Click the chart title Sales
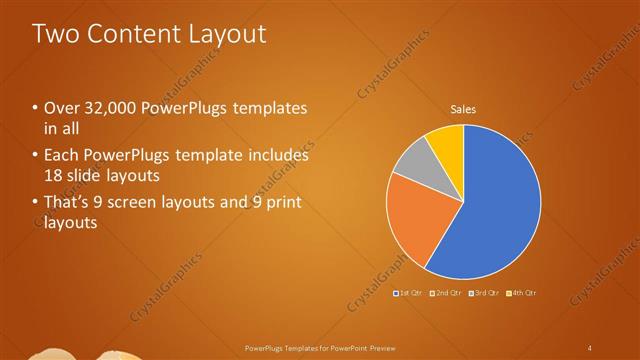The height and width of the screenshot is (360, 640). (463, 108)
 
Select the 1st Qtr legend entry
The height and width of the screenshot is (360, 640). (411, 292)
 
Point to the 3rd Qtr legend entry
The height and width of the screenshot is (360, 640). (485, 292)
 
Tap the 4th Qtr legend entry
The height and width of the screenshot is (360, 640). (522, 292)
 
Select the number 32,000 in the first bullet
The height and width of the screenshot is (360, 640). (106, 108)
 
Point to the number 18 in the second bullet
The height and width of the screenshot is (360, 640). (54, 175)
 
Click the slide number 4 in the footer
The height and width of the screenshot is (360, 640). (590, 348)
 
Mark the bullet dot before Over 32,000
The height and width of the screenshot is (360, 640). (36, 108)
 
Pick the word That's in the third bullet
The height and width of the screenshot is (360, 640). (66, 203)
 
